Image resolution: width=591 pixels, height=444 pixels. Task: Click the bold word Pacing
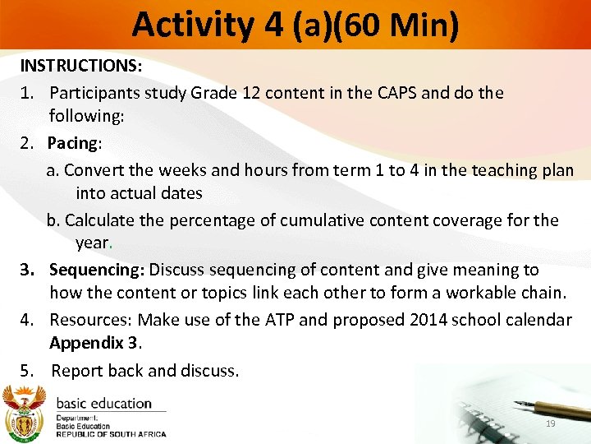(72, 143)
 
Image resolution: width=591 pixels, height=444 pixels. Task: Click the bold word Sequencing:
(97, 270)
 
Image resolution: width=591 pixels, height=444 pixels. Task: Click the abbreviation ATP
(266, 319)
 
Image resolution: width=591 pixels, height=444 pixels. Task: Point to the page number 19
(550, 423)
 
